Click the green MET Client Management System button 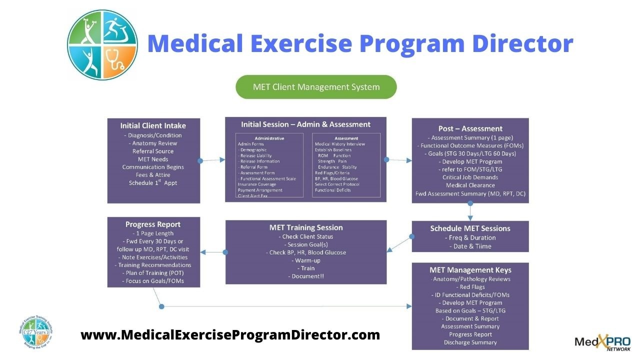(316, 87)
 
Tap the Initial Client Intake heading (153, 125)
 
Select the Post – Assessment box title (470, 128)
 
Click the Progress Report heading (153, 224)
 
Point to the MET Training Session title (305, 227)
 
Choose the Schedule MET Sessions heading (470, 228)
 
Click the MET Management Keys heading (470, 270)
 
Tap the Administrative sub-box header (269, 138)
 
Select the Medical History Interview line (339, 144)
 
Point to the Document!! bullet (305, 276)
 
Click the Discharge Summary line (470, 342)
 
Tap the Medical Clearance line (470, 185)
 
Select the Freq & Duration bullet (470, 237)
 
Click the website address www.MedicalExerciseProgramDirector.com (230, 334)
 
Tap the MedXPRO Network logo (602, 341)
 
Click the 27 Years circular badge (38, 332)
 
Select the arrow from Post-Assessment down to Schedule (470, 212)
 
